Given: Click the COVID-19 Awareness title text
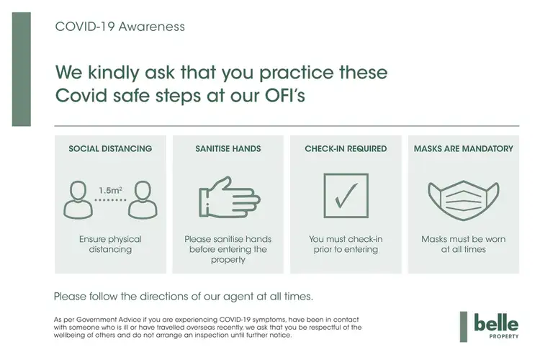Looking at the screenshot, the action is point(120,27).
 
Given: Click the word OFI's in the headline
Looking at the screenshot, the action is point(285,95).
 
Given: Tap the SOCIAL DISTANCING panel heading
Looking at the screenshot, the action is point(110,148).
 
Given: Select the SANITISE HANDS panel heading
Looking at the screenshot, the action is point(228,148).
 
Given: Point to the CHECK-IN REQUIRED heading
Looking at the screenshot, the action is point(346,148).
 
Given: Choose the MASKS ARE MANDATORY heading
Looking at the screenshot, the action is point(464,148).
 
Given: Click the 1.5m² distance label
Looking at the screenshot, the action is point(111,190).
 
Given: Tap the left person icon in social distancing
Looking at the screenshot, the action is point(78,200).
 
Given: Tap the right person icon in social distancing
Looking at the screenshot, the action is point(143,200).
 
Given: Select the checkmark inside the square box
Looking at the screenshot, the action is point(346,195).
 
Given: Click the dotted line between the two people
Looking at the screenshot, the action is point(111,200).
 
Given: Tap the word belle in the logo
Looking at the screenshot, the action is point(496,323).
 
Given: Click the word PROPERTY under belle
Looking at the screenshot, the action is point(504,336).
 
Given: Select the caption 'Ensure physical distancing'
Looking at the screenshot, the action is point(110,244).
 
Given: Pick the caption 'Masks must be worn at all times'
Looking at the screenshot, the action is point(464,244).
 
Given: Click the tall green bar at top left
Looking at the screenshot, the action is point(22,69).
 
